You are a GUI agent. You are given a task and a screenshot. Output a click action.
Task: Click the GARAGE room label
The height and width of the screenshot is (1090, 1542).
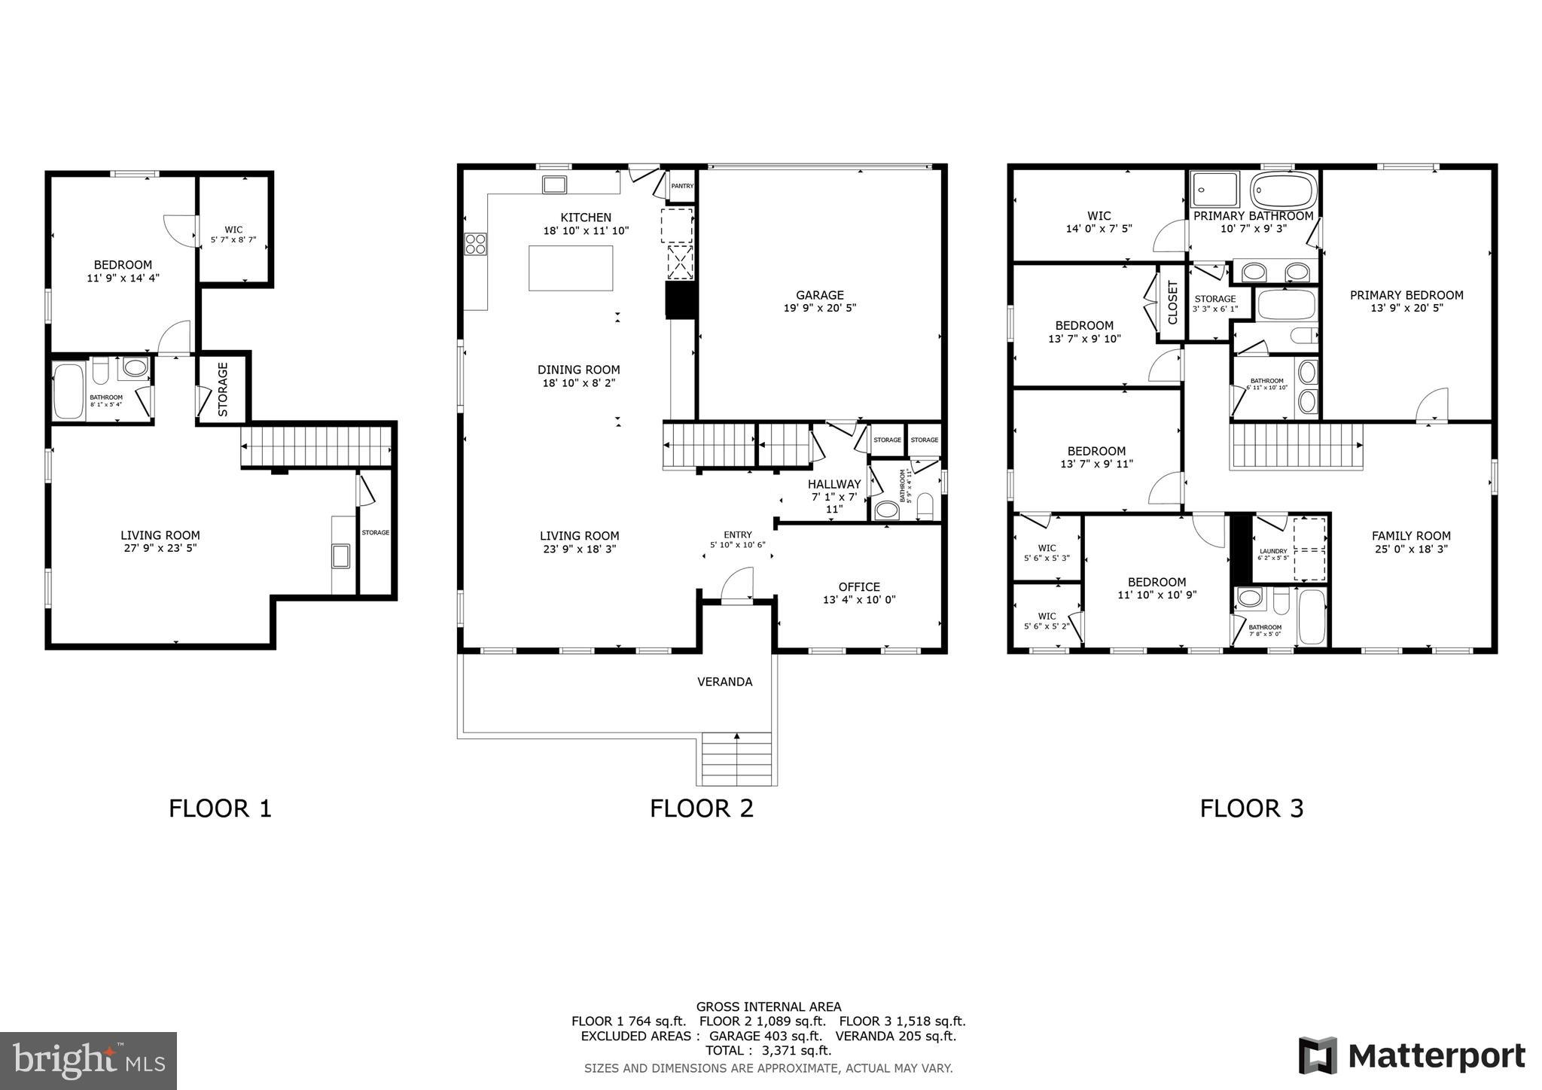[x=819, y=295]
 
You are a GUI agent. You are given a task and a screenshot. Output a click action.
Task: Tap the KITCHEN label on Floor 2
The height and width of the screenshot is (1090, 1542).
[x=586, y=218]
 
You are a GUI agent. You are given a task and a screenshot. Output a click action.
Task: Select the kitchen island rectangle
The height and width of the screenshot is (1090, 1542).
[x=571, y=267]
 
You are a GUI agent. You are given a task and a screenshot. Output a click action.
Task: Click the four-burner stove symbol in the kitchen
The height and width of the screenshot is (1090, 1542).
[x=476, y=244]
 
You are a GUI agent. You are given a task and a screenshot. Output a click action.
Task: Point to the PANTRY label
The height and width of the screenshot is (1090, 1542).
[x=682, y=186]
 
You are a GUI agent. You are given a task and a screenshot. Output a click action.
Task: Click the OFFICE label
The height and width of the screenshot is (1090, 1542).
[x=859, y=587]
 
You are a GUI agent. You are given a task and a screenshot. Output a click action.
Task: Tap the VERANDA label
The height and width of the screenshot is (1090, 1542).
[x=724, y=682]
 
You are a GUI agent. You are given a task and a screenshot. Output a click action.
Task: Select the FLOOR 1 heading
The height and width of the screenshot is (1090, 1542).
[x=220, y=808]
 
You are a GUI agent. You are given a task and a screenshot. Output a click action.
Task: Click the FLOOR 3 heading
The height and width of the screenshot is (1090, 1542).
[x=1251, y=808]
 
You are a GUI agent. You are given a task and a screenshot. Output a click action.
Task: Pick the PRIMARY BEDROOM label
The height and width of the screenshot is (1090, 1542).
[x=1406, y=295]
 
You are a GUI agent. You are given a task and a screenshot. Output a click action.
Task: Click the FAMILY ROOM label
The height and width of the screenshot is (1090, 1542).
[x=1411, y=536]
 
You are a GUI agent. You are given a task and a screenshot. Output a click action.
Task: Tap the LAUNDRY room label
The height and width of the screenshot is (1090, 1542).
[x=1273, y=551]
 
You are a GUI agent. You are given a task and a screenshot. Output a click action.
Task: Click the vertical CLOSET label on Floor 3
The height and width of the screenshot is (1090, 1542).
[x=1172, y=303]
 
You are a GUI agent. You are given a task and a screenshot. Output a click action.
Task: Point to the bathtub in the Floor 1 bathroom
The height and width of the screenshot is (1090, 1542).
[x=69, y=391]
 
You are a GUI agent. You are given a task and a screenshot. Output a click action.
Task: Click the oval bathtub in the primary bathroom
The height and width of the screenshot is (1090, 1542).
[x=1284, y=190]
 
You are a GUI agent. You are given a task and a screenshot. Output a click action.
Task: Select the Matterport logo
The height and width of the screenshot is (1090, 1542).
[x=1412, y=1056]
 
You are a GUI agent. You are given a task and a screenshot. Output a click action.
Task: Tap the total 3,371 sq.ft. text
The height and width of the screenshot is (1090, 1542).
[x=768, y=1050]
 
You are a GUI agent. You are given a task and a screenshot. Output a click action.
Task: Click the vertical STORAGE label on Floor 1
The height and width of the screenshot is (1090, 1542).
[x=223, y=389]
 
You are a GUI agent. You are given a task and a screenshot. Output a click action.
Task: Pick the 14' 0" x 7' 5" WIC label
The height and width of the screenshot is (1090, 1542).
[x=1099, y=222]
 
